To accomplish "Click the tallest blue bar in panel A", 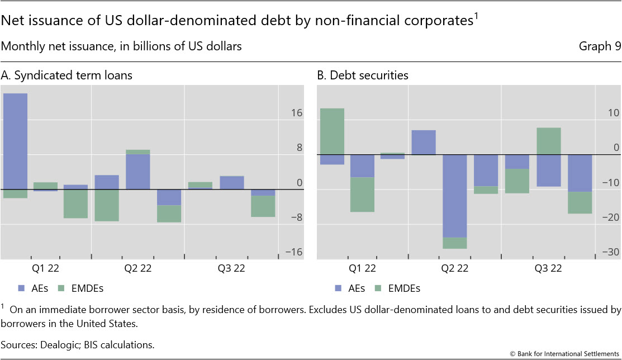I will [15, 141].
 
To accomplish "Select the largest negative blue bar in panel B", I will [454, 196].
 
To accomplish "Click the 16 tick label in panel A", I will [296, 113].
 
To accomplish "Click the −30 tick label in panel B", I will [612, 252].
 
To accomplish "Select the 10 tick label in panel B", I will [614, 113].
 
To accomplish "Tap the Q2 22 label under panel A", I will [138, 268].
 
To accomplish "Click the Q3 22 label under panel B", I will [548, 268].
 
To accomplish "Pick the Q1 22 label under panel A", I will [46, 268].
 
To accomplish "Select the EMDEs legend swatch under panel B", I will [378, 288].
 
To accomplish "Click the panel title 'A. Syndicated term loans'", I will [67, 75].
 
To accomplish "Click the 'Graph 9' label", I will [600, 46].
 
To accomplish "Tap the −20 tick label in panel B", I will [612, 217].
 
